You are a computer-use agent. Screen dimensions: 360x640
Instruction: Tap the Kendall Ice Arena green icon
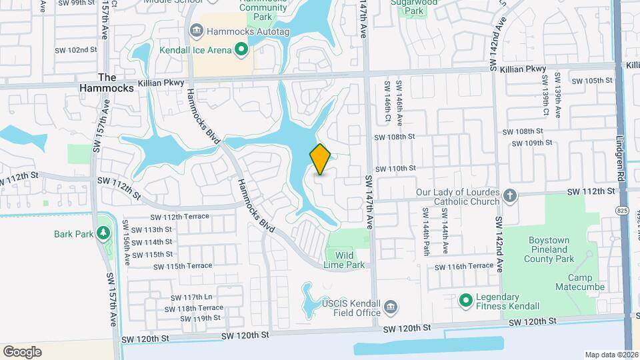click(x=241, y=50)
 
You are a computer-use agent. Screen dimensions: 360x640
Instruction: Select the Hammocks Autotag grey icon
click(x=197, y=31)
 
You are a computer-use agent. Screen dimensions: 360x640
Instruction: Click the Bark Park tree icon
click(x=103, y=233)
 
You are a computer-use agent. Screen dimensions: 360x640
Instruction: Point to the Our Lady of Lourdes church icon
click(x=510, y=195)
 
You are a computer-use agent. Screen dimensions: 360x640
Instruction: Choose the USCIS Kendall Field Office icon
click(x=391, y=307)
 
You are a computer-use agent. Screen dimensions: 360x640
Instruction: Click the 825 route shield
click(x=622, y=211)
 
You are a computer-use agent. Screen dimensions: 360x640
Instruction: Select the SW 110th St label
click(x=395, y=169)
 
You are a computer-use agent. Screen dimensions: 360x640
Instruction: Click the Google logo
click(x=22, y=351)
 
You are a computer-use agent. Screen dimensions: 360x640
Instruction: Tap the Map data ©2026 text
click(x=611, y=355)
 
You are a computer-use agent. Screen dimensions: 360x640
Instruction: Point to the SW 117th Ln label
click(x=191, y=297)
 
